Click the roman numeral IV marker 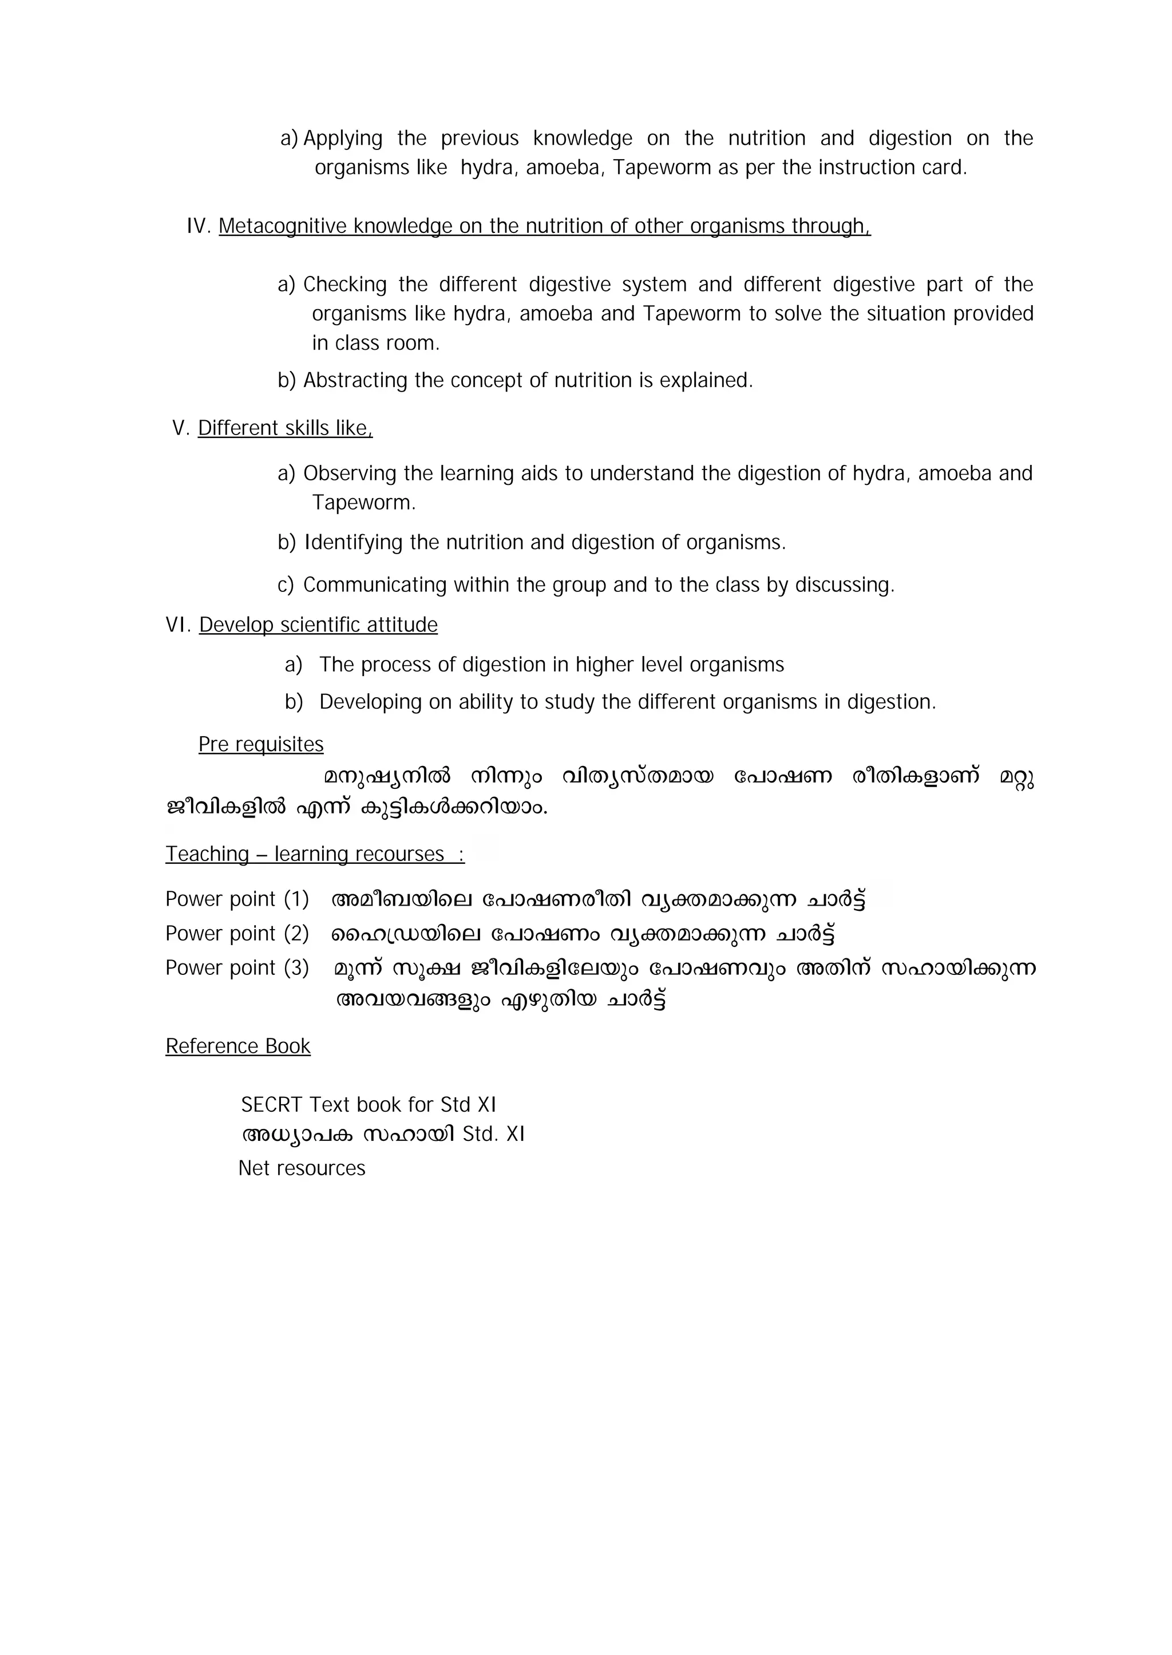198,226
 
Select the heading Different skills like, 285,428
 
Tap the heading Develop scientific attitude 318,625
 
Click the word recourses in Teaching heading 403,854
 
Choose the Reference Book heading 237,1046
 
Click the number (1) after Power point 296,899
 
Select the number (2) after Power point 296,933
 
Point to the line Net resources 302,1168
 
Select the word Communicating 375,584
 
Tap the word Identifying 353,542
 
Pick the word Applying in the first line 343,138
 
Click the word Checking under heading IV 345,285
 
